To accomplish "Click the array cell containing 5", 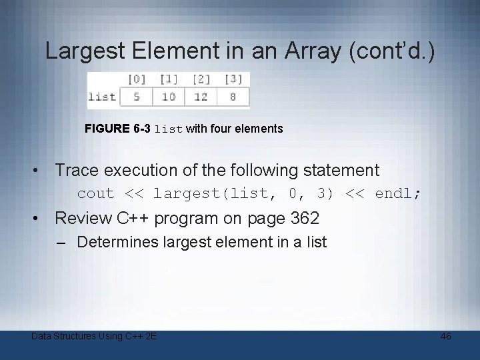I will point(136,97).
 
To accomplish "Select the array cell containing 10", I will point(169,97).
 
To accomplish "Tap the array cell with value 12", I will point(201,97).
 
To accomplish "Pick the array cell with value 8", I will point(233,97).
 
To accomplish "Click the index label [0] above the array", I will point(136,79).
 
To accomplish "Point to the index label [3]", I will point(233,79).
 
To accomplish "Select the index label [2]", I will point(201,79).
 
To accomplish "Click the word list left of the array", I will point(102,97).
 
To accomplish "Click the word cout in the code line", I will point(95,194).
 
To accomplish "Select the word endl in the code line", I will point(394,194).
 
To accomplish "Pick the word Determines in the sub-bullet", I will point(116,242).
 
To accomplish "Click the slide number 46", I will point(445,336).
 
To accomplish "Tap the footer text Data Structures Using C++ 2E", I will point(94,336).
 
